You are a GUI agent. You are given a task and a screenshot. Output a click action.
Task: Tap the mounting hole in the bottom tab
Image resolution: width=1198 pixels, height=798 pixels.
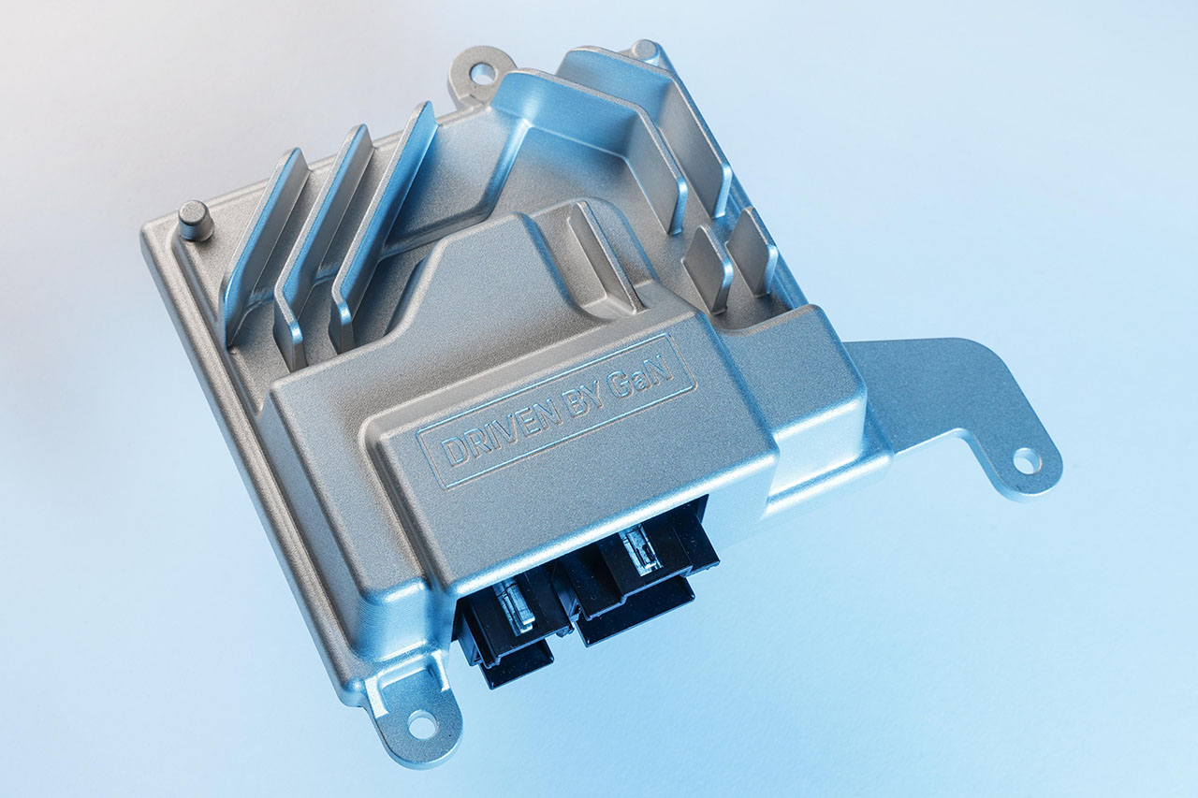(421, 724)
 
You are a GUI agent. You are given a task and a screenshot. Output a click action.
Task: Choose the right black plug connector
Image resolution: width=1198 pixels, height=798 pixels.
(642, 577)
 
